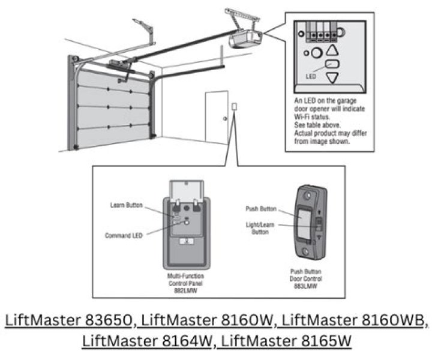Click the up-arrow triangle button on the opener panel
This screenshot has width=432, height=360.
click(332, 51)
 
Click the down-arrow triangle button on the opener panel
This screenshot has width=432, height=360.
click(332, 78)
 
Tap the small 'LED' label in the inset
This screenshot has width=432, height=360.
click(311, 76)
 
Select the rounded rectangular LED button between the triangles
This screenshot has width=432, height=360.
click(331, 65)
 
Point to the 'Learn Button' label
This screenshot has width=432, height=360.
click(127, 205)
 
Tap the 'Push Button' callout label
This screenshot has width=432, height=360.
click(261, 209)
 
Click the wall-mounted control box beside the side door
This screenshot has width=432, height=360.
click(234, 108)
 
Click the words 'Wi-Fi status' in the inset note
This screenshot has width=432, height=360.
click(314, 110)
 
